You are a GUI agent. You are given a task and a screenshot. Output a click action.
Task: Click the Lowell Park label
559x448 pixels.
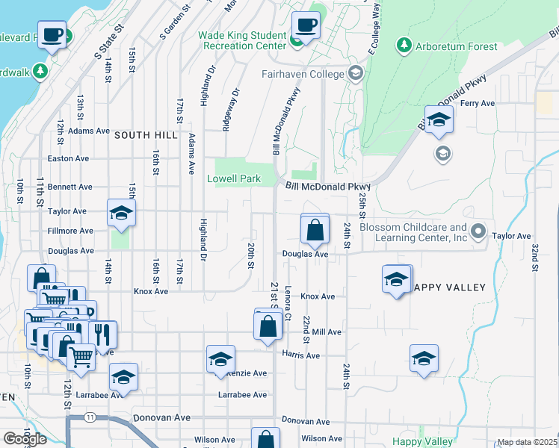[x=234, y=179]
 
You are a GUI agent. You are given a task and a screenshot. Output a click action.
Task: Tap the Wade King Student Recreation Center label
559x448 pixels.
[x=242, y=40]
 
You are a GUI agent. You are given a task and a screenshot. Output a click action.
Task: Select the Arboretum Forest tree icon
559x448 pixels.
[x=404, y=46]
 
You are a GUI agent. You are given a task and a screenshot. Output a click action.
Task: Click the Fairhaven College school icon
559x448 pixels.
[x=355, y=74]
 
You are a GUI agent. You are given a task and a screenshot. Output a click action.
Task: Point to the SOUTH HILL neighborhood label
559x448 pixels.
[x=146, y=135]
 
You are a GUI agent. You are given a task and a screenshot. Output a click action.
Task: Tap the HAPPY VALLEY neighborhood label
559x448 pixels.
[x=449, y=287]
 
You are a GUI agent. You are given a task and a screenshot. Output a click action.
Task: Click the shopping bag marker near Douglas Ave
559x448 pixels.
[x=315, y=230]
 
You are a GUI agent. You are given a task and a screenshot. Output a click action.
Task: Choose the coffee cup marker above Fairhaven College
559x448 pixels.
[x=306, y=26]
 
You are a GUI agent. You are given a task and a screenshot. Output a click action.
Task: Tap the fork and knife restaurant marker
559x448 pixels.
[x=103, y=333]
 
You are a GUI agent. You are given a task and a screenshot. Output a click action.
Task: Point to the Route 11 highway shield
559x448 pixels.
[x=90, y=416]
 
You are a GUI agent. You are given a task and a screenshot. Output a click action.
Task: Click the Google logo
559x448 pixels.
[x=25, y=439]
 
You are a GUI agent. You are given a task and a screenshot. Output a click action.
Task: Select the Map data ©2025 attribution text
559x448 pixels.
[x=527, y=442]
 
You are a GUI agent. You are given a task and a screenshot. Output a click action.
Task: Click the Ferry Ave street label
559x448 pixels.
[x=478, y=103]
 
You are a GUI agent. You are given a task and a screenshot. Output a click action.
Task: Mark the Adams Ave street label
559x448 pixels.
[x=89, y=131]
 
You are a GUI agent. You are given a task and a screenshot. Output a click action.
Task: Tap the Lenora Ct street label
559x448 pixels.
[x=288, y=299]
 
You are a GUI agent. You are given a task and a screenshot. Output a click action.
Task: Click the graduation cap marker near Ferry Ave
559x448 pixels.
[x=439, y=120]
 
